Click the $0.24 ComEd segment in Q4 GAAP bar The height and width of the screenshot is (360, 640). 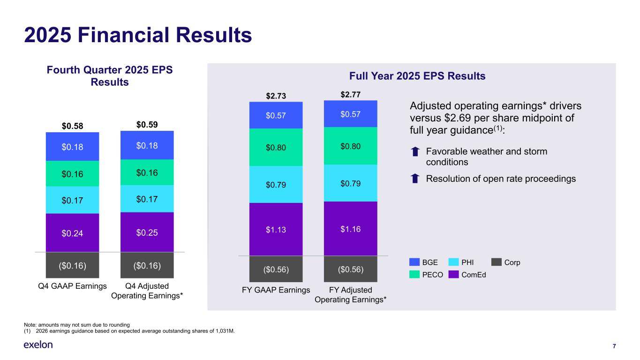pos(72,232)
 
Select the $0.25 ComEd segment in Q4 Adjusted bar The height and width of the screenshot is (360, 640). pos(147,232)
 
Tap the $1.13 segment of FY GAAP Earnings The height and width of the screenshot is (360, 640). pos(276,229)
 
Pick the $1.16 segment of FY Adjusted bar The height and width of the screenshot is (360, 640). pos(350,228)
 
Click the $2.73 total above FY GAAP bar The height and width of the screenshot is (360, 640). pos(276,96)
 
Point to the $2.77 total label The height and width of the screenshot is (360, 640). pos(350,95)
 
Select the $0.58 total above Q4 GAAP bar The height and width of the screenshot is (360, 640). pos(72,127)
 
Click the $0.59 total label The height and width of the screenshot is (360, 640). pos(147,125)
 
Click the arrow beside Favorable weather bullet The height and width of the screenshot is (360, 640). pos(415,152)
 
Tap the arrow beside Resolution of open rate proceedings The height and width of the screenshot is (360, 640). pos(415,179)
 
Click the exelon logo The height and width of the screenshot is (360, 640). pos(38,345)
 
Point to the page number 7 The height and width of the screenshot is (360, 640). pos(614,346)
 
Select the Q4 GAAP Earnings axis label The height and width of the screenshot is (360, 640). pos(72,286)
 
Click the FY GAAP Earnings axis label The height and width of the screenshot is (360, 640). pos(276,290)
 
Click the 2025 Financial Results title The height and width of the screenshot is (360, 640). pos(138,36)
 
